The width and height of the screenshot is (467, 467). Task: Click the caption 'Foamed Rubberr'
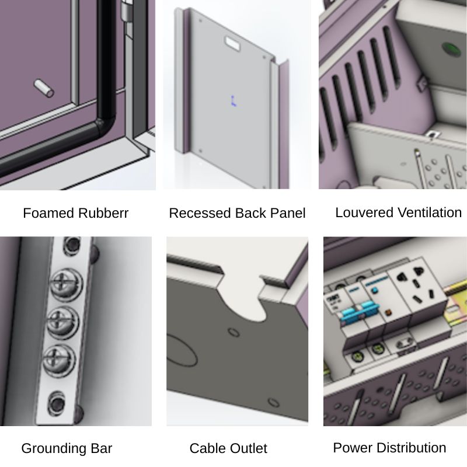tap(76, 213)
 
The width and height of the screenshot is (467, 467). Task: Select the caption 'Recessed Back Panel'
tap(237, 213)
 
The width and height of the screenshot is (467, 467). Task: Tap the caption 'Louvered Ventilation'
tap(399, 212)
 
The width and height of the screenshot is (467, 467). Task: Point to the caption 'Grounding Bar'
tap(67, 448)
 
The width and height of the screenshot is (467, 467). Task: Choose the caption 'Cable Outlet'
tap(228, 448)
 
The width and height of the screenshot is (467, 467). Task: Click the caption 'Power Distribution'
tap(389, 448)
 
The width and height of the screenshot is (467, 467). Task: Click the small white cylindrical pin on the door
tap(44, 88)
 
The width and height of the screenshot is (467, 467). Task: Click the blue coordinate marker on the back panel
tap(233, 100)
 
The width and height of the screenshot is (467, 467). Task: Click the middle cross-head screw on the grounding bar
tap(63, 323)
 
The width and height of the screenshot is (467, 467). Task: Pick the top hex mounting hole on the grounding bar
tap(72, 245)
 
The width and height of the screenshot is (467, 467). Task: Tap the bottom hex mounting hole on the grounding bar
tap(57, 403)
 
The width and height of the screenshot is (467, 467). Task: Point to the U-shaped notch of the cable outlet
tap(242, 298)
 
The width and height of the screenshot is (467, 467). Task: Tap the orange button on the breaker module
tap(388, 313)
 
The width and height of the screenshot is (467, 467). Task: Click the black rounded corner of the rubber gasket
tap(103, 124)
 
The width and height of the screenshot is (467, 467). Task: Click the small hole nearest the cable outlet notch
tap(234, 332)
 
